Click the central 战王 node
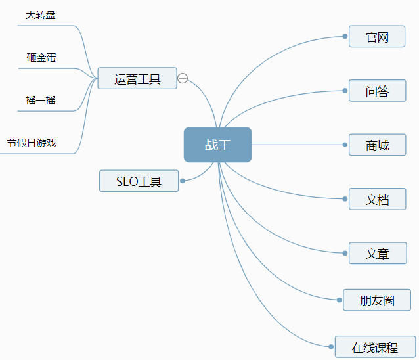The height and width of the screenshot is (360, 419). pos(217,145)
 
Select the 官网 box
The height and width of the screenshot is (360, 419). pos(377,37)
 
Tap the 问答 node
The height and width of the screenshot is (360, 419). pos(377,91)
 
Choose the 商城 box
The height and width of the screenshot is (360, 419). pos(377,145)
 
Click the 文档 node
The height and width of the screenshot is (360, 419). pos(377,199)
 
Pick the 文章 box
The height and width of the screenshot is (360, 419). pos(377,253)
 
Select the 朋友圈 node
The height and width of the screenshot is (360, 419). pos(377,300)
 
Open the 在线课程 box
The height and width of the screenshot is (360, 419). pos(375,347)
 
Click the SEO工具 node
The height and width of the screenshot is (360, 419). pos(139,181)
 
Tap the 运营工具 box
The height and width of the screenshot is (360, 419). pos(137,78)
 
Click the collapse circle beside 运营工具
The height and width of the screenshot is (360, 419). pos(183,78)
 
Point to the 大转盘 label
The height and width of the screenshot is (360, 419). pos(40,14)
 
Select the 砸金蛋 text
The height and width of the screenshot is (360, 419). pos(41,57)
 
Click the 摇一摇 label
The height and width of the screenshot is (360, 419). pos(41,100)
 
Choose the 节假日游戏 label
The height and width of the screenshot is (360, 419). pos(32,143)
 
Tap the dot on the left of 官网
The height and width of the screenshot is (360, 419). pos(345,37)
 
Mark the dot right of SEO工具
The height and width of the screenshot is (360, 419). pos(183,181)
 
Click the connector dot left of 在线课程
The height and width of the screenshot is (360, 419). pos(331,346)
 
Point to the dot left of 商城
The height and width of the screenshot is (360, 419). pos(345,145)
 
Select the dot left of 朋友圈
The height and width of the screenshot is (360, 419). pos(339,300)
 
